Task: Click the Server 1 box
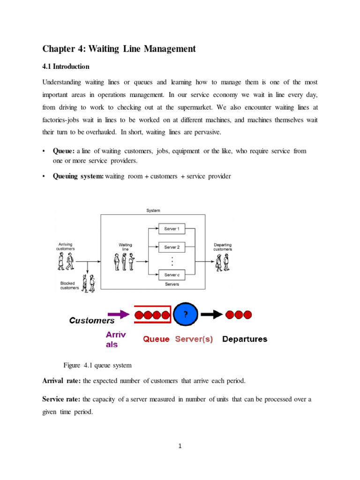tap(172, 229)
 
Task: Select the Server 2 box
tap(172, 247)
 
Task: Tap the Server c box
tap(172, 275)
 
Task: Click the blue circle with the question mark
tap(186, 315)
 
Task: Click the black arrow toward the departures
tap(211, 315)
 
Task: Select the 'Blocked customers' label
tap(69, 285)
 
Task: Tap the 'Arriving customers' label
tap(66, 247)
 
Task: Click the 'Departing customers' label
tap(222, 247)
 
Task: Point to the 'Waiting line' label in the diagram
tap(125, 247)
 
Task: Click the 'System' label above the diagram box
tap(153, 210)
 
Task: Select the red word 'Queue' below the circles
tap(156, 339)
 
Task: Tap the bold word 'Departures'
tap(244, 339)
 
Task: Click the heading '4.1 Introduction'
tap(66, 67)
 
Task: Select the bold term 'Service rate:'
tap(61, 399)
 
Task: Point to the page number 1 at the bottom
tap(180, 446)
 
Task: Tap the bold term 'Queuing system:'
tap(78, 177)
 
